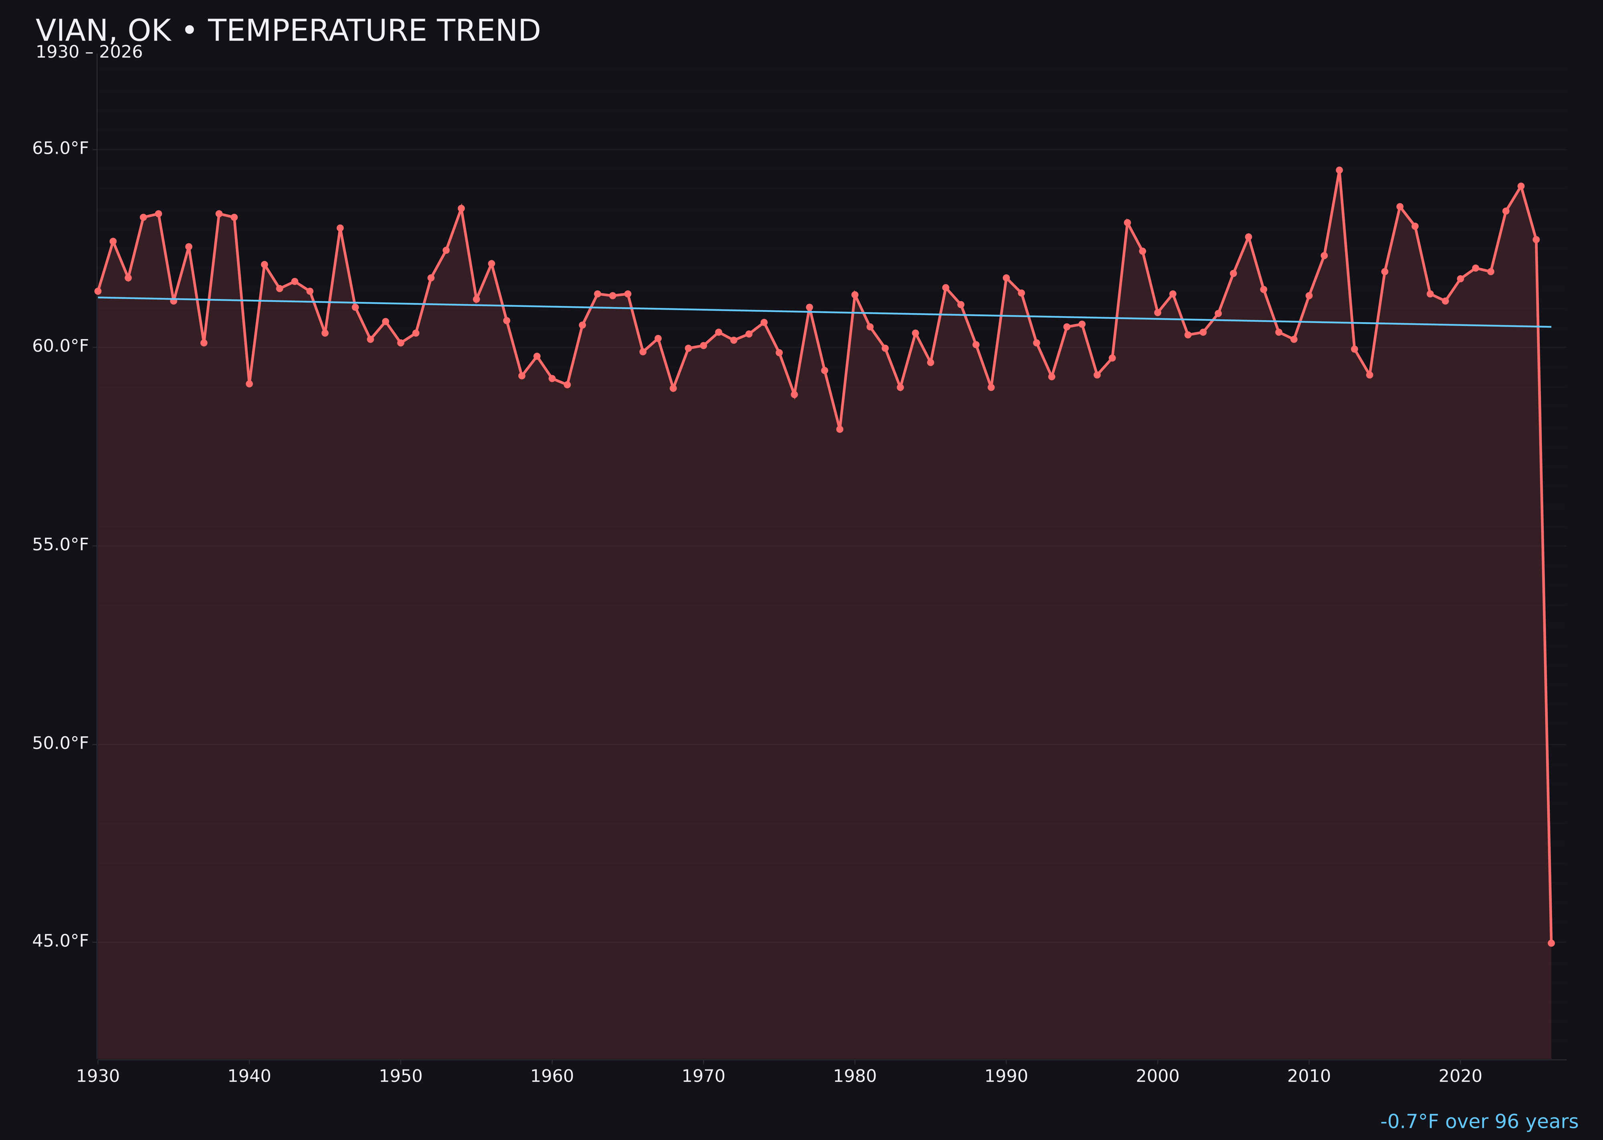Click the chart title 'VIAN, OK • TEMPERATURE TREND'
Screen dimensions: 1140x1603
288,31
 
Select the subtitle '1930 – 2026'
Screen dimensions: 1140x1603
89,53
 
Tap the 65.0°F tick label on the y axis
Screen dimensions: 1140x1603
61,149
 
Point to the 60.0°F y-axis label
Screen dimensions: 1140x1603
61,347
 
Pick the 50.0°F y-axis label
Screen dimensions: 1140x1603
61,744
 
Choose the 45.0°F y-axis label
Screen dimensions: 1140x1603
61,941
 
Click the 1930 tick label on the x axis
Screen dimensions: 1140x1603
97,1077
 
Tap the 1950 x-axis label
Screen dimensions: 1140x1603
401,1077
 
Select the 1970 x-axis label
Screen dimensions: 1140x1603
703,1077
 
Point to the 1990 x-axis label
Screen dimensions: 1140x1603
1006,1077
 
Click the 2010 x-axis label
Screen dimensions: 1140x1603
1309,1077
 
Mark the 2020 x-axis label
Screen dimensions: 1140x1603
1460,1077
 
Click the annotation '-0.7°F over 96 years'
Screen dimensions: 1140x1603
1479,1122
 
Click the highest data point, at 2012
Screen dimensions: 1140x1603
1339,170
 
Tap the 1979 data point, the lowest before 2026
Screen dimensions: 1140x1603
840,429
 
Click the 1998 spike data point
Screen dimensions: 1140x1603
1127,222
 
